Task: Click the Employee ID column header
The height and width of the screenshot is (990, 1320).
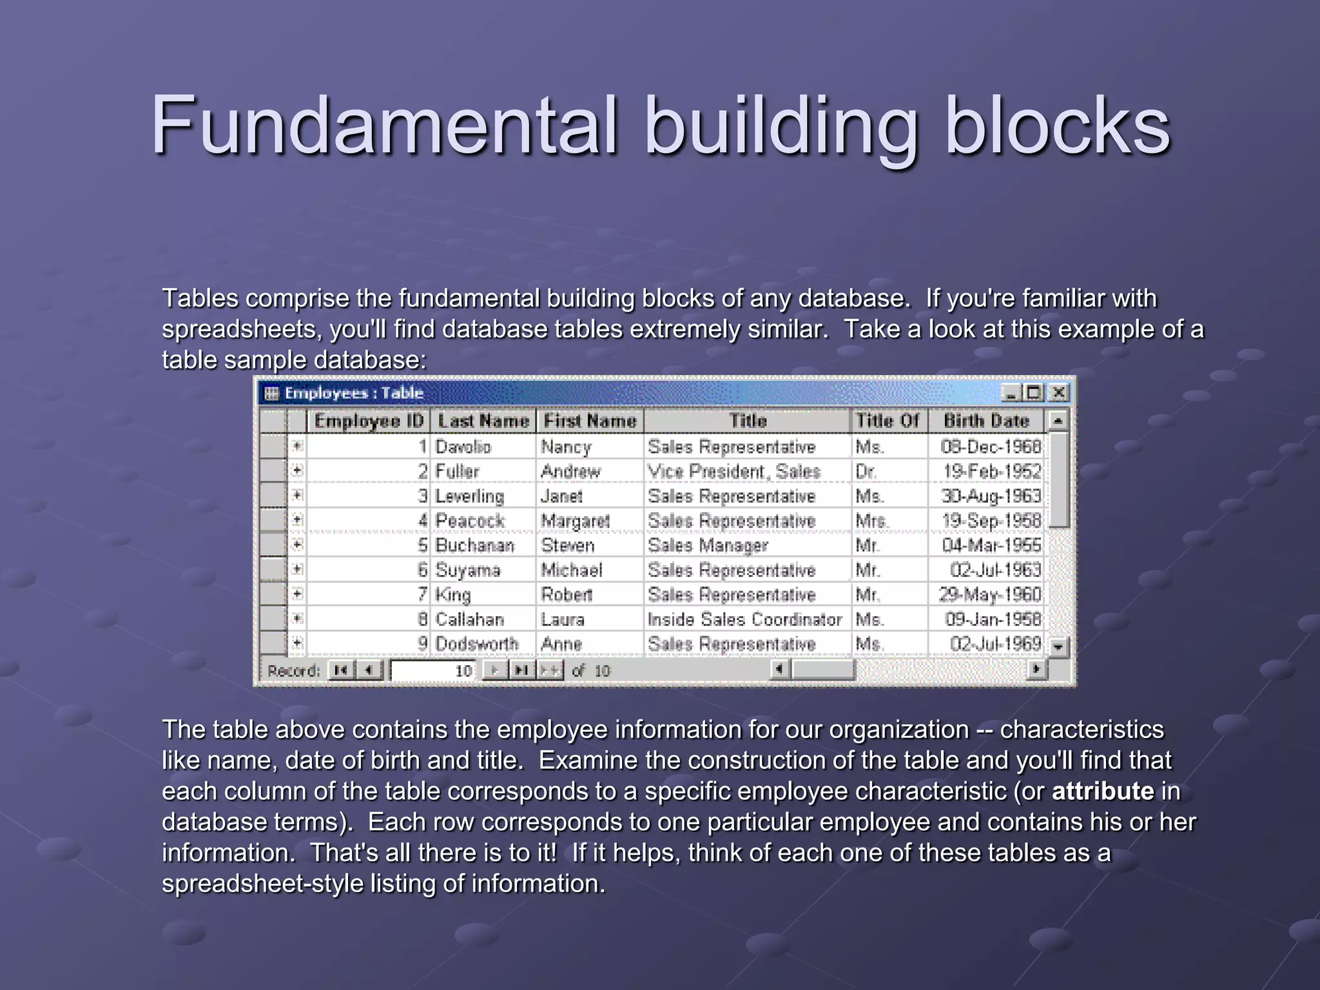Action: click(368, 421)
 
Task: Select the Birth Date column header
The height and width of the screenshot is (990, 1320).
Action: click(986, 421)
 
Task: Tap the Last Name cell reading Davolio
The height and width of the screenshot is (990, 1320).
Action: click(463, 447)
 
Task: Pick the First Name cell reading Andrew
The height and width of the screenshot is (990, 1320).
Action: click(570, 471)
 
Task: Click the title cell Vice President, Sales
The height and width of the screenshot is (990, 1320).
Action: click(734, 471)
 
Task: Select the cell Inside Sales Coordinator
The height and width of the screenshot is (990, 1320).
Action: click(744, 619)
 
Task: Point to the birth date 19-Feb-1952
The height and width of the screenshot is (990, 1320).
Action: click(991, 471)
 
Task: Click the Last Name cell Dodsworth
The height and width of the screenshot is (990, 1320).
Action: click(476, 644)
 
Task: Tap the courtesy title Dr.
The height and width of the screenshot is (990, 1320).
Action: click(866, 471)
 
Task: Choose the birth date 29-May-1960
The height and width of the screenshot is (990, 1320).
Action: click(989, 594)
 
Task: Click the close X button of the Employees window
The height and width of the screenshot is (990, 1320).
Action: click(1058, 393)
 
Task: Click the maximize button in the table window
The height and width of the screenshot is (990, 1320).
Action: click(1034, 393)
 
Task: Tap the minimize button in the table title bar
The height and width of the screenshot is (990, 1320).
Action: click(1011, 393)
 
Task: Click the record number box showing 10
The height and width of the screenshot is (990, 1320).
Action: click(433, 670)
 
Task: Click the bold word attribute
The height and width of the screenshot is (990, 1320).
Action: click(1102, 791)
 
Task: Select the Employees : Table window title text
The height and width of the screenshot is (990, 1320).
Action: click(354, 393)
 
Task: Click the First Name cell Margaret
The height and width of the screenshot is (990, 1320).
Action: click(575, 521)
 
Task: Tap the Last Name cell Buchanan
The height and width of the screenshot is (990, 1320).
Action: click(474, 545)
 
